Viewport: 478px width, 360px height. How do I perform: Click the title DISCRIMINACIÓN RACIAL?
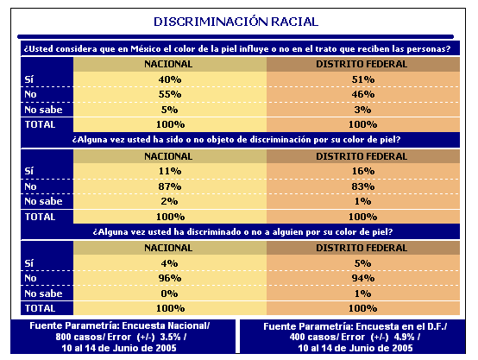click(x=236, y=22)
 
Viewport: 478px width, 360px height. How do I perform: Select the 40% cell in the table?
click(x=170, y=79)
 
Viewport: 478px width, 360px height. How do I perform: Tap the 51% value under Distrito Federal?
click(x=362, y=79)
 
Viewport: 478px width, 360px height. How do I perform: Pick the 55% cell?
click(x=170, y=94)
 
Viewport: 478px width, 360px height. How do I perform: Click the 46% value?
click(x=362, y=94)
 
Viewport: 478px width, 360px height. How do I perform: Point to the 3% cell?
click(x=362, y=110)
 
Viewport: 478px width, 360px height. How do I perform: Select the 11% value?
click(x=170, y=171)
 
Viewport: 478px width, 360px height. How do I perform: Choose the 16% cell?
click(x=362, y=171)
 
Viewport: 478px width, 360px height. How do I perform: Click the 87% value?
click(x=170, y=186)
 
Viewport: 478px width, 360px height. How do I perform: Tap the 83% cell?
click(x=362, y=186)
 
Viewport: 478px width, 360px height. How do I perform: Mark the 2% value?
click(x=169, y=201)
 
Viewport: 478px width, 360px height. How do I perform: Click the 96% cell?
click(x=170, y=278)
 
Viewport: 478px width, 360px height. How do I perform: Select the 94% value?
click(x=362, y=278)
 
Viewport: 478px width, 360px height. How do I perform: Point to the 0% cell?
click(x=169, y=294)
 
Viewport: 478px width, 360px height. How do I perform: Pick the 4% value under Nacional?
click(x=169, y=263)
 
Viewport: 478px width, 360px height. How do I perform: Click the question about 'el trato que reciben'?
click(x=237, y=49)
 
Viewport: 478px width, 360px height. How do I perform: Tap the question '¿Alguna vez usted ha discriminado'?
click(x=242, y=232)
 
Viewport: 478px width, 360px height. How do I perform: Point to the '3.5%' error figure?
click(x=171, y=337)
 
